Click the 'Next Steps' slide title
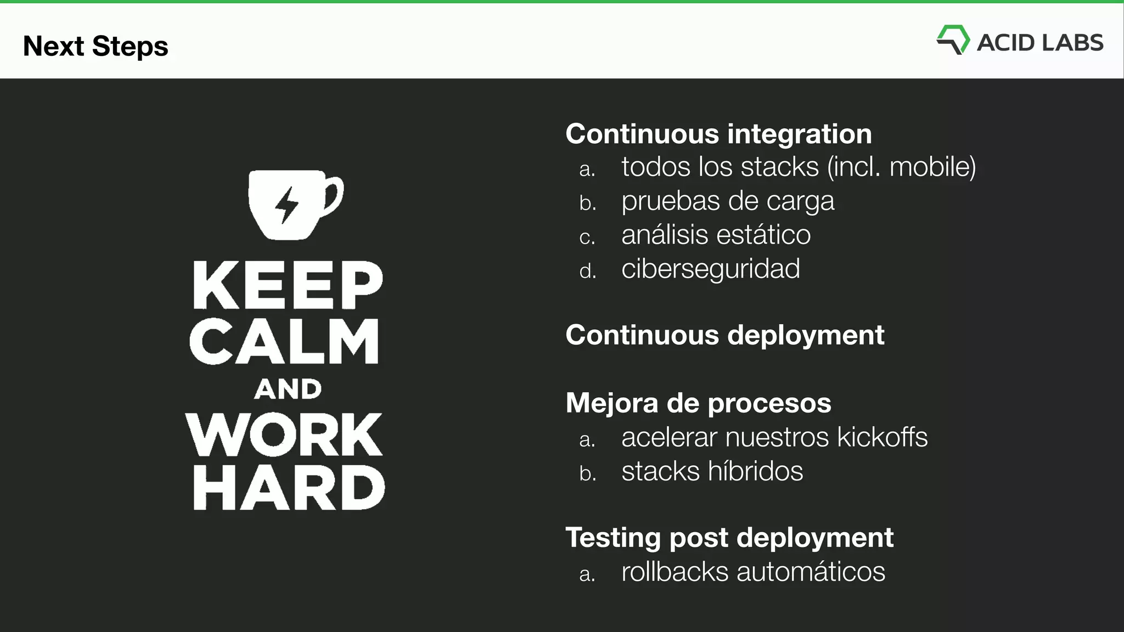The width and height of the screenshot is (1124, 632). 95,46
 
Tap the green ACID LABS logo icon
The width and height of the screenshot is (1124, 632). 953,39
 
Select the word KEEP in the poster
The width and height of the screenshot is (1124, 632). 288,285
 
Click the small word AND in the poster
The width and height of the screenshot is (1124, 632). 288,390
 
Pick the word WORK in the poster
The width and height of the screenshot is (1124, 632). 284,435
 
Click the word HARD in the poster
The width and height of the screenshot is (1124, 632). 289,488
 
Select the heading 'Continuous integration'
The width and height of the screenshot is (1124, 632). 718,134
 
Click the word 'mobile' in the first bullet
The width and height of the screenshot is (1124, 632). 932,167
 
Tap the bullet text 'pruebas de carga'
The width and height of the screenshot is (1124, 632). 728,201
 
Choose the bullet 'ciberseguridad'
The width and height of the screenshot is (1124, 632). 711,269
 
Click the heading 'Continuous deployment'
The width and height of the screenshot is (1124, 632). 724,335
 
